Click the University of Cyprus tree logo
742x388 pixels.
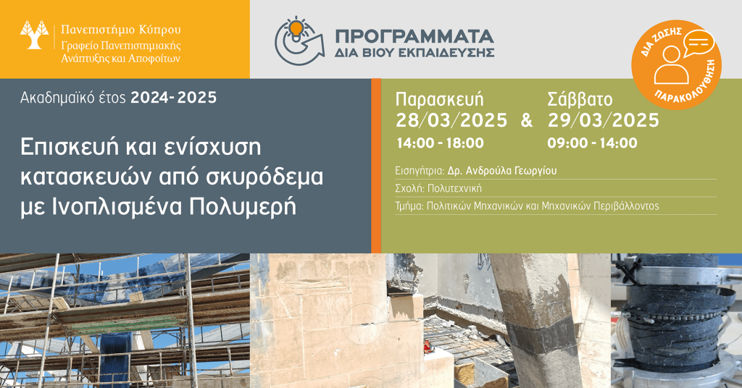coord(34,35)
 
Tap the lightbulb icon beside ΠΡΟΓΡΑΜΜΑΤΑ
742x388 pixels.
coord(296,29)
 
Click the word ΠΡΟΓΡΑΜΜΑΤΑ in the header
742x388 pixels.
coord(414,37)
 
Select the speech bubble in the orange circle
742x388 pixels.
coord(699,43)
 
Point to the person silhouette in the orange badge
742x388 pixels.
coord(671,65)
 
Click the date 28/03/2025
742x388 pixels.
coord(451,120)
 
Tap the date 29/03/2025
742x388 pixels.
coord(604,120)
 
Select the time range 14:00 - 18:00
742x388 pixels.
coord(440,143)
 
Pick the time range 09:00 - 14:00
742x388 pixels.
coord(593,143)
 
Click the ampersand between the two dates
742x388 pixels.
coord(527,120)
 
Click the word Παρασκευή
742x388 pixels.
coord(440,100)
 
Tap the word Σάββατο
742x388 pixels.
coord(580,100)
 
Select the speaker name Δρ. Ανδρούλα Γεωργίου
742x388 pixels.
coord(502,171)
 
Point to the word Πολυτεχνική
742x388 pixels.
coord(454,188)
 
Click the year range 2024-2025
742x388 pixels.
coord(174,98)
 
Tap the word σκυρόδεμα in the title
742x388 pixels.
coord(264,177)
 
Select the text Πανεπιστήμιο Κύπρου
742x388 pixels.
coord(121,30)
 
